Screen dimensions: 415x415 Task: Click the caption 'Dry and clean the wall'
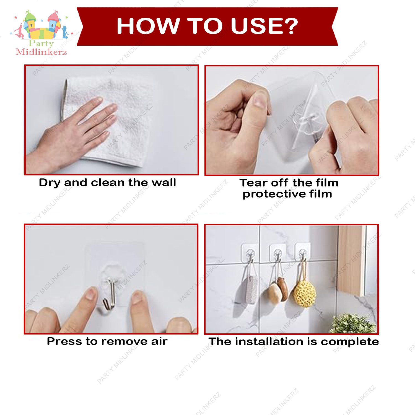[x=107, y=183]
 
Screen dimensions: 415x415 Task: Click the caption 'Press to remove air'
[x=107, y=341]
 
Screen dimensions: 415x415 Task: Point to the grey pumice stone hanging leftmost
[x=251, y=290]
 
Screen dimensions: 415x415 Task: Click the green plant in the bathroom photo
[x=353, y=324]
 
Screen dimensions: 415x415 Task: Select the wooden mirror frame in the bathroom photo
[x=351, y=260]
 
